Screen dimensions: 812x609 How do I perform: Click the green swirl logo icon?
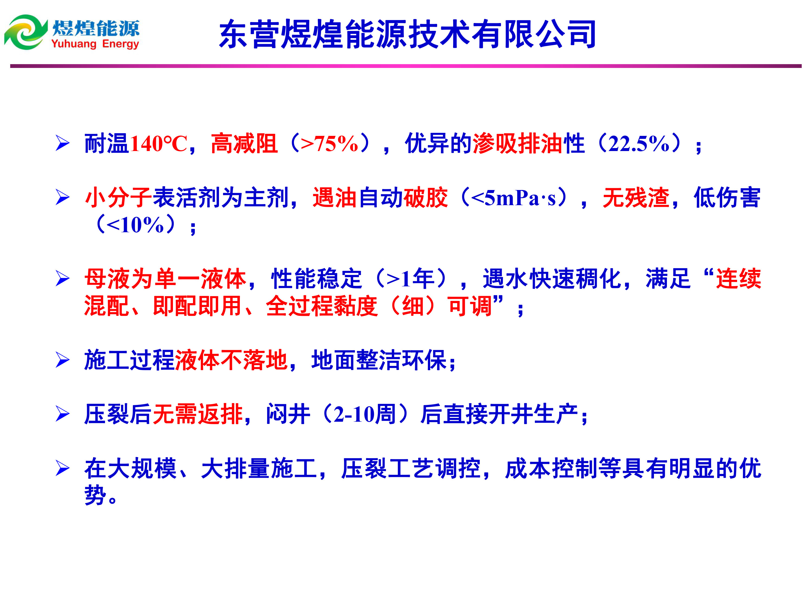pos(26,32)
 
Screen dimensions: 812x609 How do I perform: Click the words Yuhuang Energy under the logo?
pos(95,44)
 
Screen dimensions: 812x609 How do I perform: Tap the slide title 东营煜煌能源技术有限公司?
pos(407,34)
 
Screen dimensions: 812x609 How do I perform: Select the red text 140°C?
pos(159,143)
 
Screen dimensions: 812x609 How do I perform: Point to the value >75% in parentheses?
pos(329,143)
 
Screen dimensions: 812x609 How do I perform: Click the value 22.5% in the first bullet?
pos(639,143)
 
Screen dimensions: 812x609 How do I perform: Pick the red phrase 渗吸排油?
pos(518,143)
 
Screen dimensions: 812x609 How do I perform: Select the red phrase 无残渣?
pos(636,198)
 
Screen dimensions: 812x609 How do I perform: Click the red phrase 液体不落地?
pos(231,360)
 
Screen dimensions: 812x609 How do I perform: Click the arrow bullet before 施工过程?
pos(63,360)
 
